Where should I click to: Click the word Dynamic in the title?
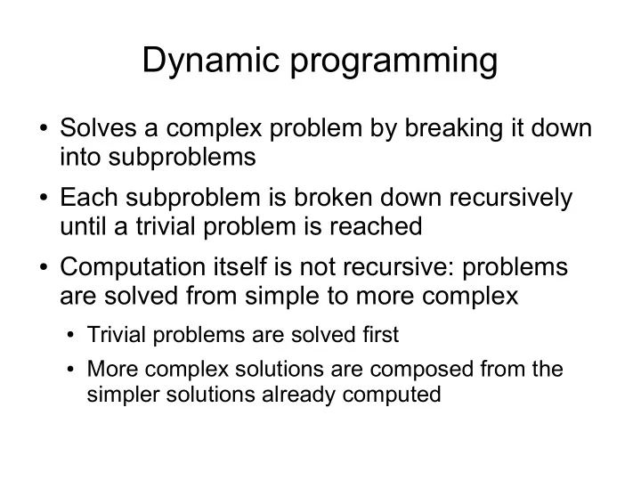click(210, 61)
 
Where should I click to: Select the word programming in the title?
click(394, 61)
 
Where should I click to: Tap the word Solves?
click(98, 127)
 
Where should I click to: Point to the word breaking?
click(454, 129)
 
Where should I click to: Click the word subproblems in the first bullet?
click(182, 158)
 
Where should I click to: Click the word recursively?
click(511, 199)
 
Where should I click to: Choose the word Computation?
click(133, 268)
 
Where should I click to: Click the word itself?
click(240, 266)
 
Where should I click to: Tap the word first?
click(381, 335)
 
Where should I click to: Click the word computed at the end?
click(392, 395)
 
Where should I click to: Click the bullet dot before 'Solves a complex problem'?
click(44, 128)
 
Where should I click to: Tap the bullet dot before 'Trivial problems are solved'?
click(70, 336)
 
